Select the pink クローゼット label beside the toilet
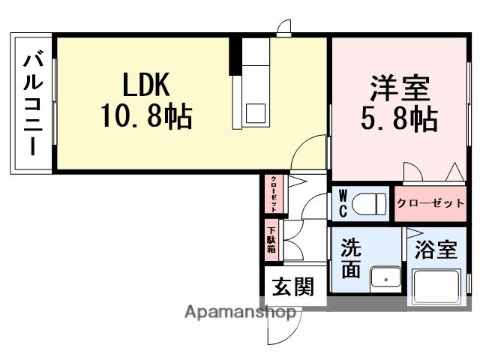[x=430, y=203]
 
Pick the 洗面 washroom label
[x=352, y=259]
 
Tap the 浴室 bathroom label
[x=436, y=250]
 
